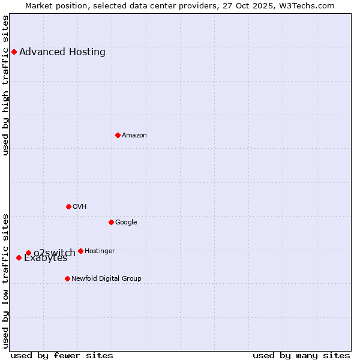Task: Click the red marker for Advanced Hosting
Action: pyautogui.click(x=14, y=52)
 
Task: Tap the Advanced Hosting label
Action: pyautogui.click(x=62, y=52)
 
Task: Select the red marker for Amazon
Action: pyautogui.click(x=118, y=135)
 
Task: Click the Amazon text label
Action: pyautogui.click(x=134, y=136)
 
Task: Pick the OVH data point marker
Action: pyautogui.click(x=68, y=206)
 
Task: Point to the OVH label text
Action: pyautogui.click(x=80, y=207)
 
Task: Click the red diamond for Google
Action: pyautogui.click(x=111, y=222)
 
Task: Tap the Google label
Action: pyautogui.click(x=126, y=223)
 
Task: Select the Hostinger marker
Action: pyautogui.click(x=80, y=251)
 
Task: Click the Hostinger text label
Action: pyautogui.click(x=100, y=251)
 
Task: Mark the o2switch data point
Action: pyautogui.click(x=28, y=253)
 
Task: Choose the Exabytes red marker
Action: pyautogui.click(x=19, y=257)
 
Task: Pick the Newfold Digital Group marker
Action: pyautogui.click(x=67, y=278)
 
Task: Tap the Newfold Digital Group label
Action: pyautogui.click(x=106, y=279)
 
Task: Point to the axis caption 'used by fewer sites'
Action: pyautogui.click(x=62, y=355)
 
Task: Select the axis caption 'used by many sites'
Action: pyautogui.click(x=301, y=355)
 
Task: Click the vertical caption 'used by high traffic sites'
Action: pyautogui.click(x=6, y=85)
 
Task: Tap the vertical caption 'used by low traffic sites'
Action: pyautogui.click(x=6, y=281)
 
